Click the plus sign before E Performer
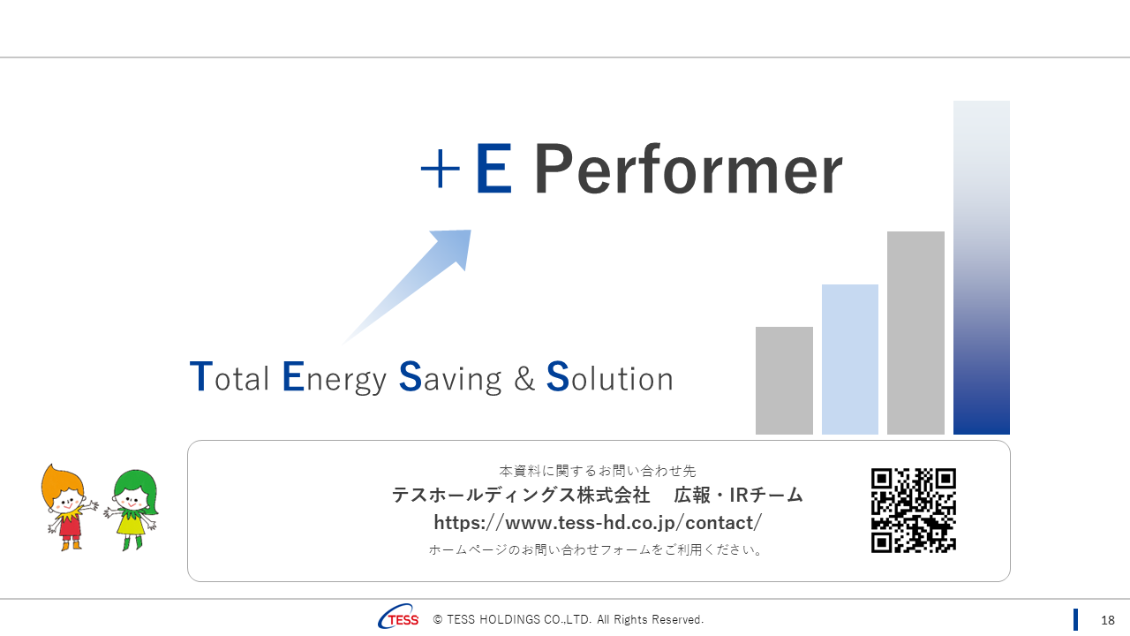coord(440,170)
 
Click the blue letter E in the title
coord(493,170)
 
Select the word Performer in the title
coord(688,171)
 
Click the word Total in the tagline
coord(230,377)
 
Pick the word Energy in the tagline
coord(335,378)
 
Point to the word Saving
coord(450,378)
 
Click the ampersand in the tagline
coord(524,379)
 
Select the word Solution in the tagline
coord(610,377)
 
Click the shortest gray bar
coord(784,381)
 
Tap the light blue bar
coord(849,359)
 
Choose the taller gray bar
coord(915,333)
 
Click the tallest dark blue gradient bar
coord(981,268)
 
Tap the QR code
coord(914,510)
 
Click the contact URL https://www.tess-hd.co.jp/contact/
coord(598,522)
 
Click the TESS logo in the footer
coord(399,619)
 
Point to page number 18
coord(1108,620)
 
